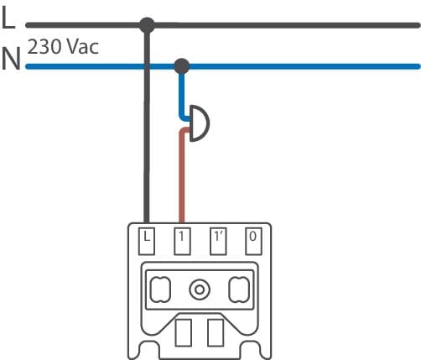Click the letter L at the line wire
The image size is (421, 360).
click(8, 18)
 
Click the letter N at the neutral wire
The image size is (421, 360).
click(11, 59)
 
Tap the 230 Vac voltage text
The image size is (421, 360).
click(63, 47)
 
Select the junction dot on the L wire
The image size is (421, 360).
click(147, 25)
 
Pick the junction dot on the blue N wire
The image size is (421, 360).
click(182, 66)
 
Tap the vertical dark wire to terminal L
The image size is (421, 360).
click(147, 126)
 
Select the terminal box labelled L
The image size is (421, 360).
click(147, 241)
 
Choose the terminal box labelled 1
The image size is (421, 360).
click(182, 241)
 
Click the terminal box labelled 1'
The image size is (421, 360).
click(218, 241)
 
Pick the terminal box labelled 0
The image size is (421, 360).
click(253, 241)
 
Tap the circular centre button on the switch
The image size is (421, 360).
click(200, 290)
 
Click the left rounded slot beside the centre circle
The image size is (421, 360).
click(160, 290)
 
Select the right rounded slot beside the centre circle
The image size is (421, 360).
click(239, 290)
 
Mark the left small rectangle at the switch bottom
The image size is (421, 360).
click(184, 333)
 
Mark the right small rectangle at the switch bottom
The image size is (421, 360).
click(216, 333)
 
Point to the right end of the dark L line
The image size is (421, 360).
click(418, 25)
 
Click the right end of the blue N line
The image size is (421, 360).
click(418, 66)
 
